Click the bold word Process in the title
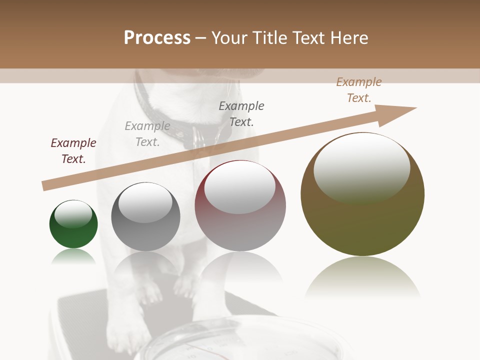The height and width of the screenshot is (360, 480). [x=157, y=38]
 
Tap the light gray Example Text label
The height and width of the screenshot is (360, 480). [x=147, y=134]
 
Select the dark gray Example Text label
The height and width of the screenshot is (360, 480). [x=241, y=114]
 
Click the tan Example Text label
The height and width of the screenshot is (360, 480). [x=359, y=90]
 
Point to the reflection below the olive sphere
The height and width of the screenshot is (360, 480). [x=362, y=277]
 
